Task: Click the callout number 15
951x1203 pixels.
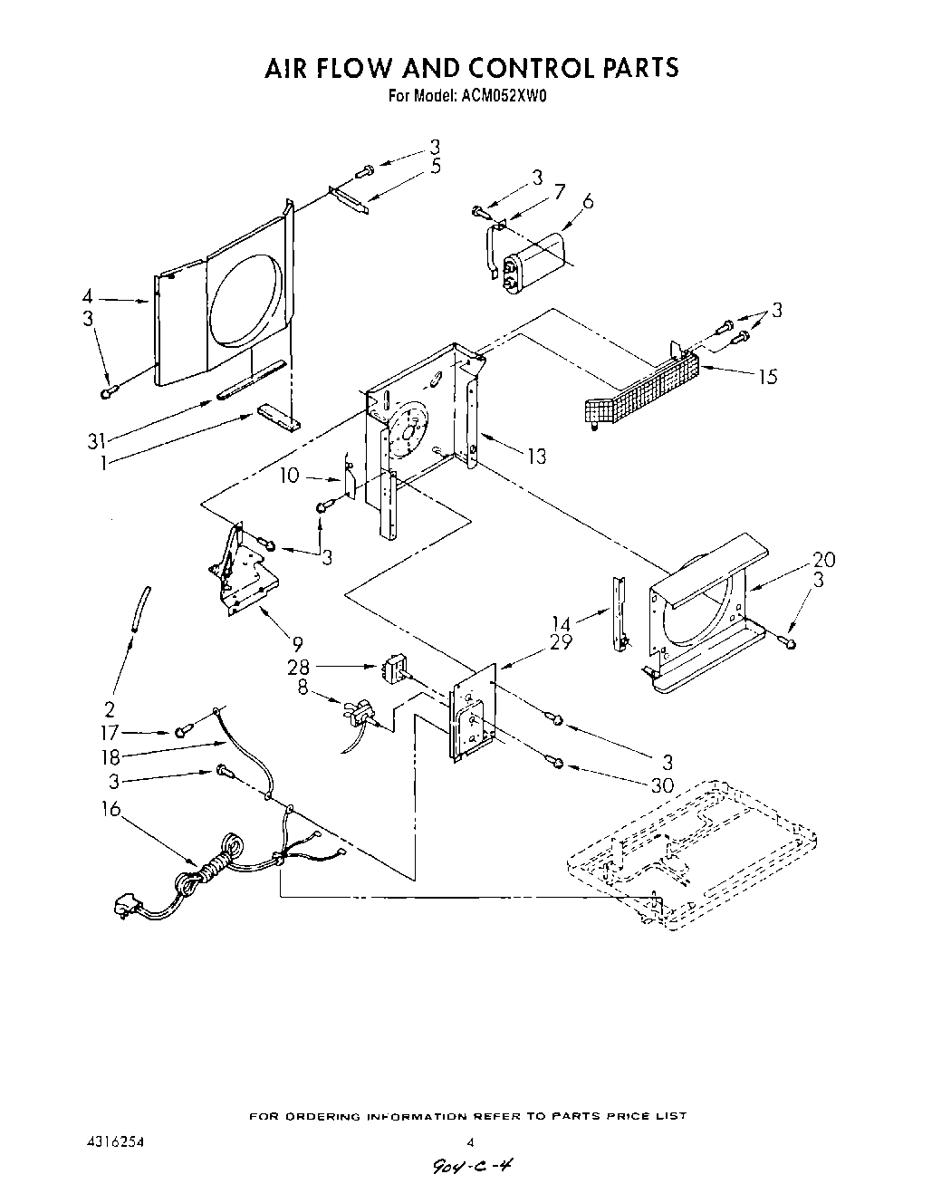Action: point(767,376)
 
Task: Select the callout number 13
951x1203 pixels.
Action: point(537,456)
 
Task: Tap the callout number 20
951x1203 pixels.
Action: point(823,559)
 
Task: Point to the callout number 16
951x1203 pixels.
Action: point(110,809)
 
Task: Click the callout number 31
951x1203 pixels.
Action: point(97,441)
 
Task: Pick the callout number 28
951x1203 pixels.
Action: point(299,669)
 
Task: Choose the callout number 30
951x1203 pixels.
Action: point(662,785)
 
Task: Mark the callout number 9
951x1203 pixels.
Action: point(297,643)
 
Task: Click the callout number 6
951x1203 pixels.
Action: point(588,202)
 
